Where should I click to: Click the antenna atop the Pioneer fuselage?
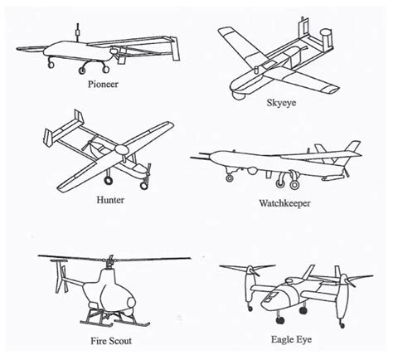pos(77,34)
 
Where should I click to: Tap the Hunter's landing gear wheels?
pos(110,179)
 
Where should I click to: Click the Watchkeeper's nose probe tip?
pos(192,156)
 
